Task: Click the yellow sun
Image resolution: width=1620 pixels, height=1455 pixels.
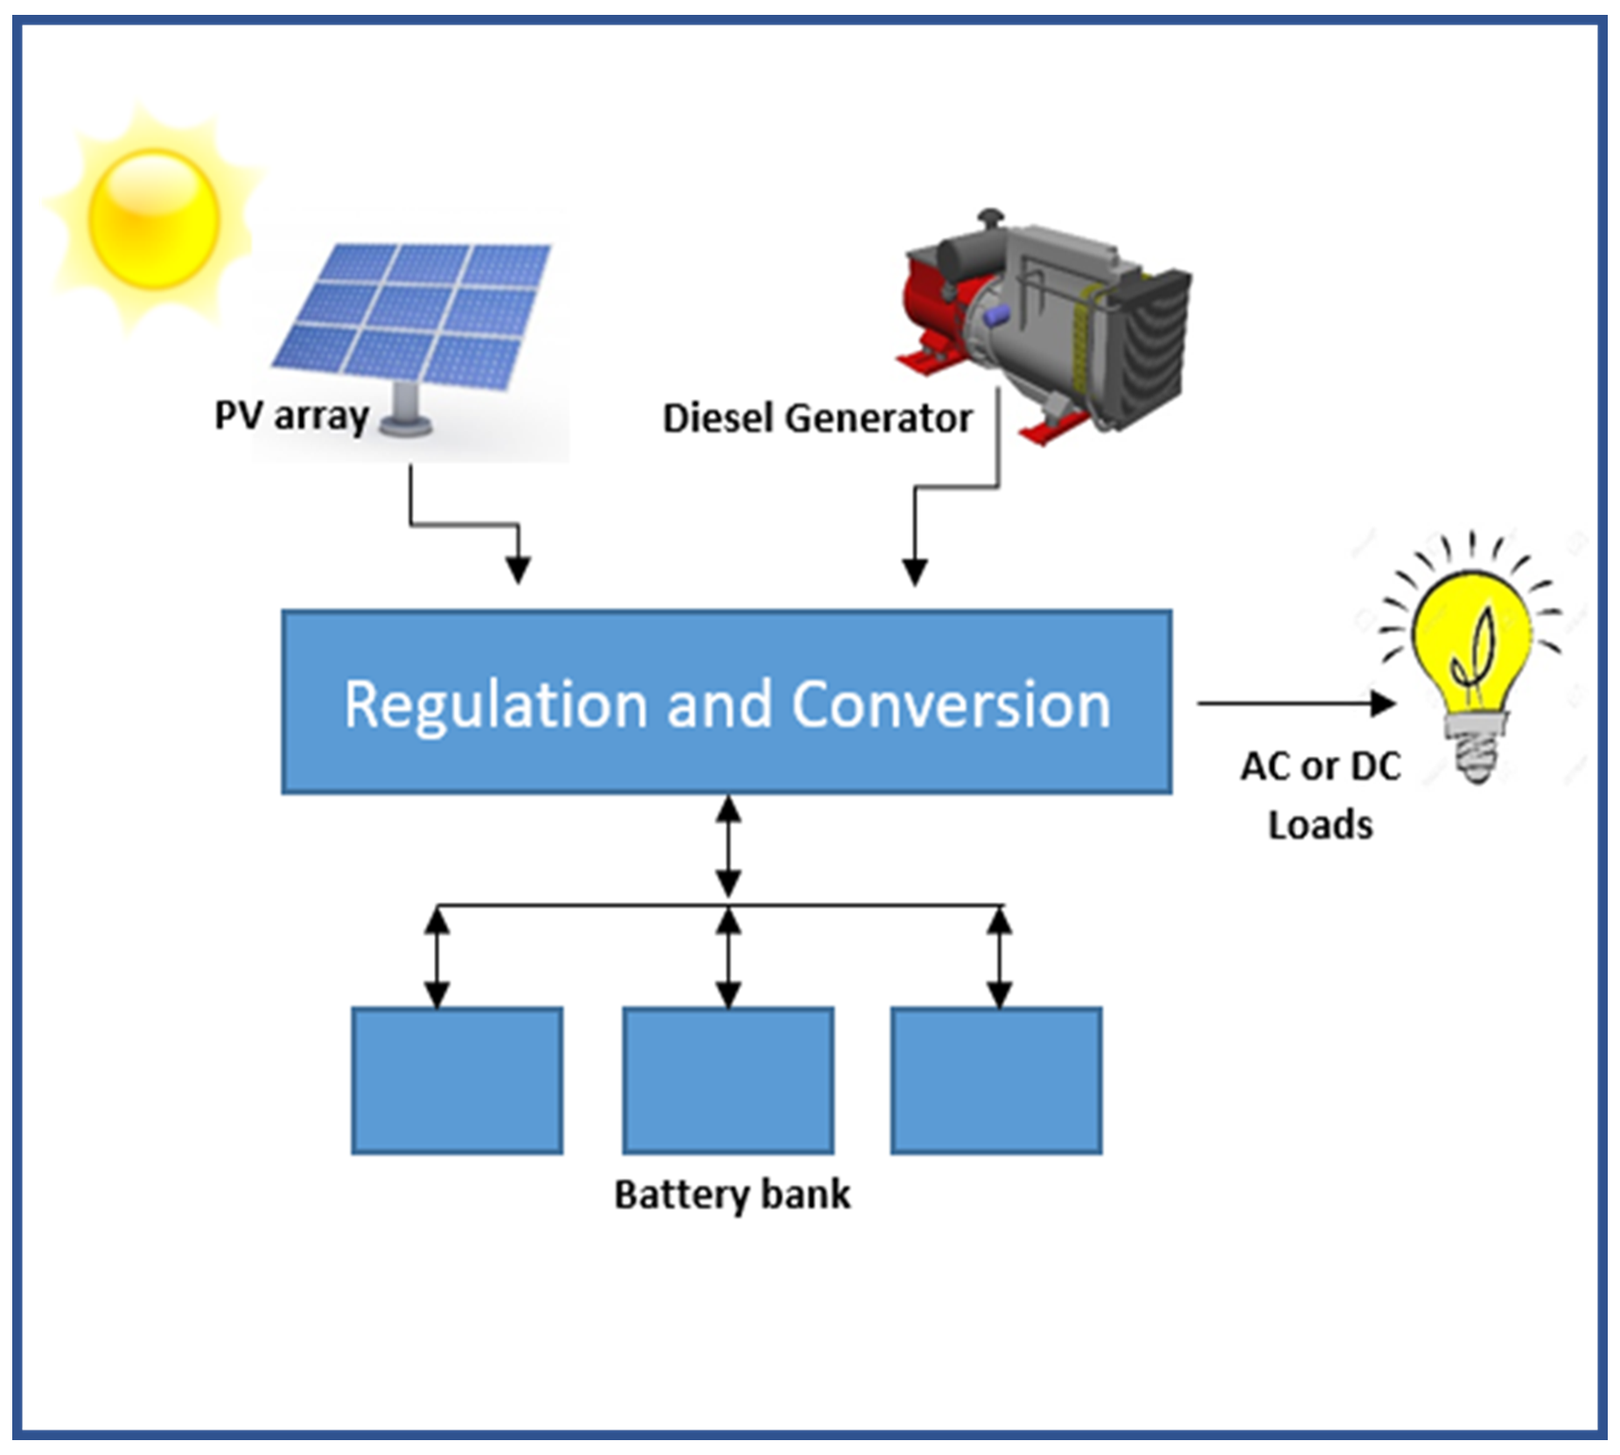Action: coord(153,219)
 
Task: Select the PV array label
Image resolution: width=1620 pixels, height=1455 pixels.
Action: coord(291,416)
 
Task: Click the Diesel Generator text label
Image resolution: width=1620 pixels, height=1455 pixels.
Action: coord(817,418)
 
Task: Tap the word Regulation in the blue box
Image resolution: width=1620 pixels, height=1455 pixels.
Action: coord(495,704)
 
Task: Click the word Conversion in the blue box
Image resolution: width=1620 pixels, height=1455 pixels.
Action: coord(951,704)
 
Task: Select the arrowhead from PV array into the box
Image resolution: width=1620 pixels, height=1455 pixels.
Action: coord(519,569)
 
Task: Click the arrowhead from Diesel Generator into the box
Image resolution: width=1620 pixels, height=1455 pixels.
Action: coord(915,570)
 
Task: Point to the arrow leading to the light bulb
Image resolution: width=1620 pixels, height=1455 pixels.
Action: coord(1295,703)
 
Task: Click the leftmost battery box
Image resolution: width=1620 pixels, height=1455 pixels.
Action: coord(457,1080)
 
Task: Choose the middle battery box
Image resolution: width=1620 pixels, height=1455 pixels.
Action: coord(728,1080)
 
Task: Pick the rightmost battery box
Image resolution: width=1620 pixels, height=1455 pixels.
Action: coord(996,1080)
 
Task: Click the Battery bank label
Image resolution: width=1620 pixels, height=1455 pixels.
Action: coord(731,1195)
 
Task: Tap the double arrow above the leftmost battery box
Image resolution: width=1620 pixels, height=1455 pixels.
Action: coord(436,957)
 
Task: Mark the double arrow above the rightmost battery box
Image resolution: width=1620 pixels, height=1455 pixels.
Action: coord(1000,957)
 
